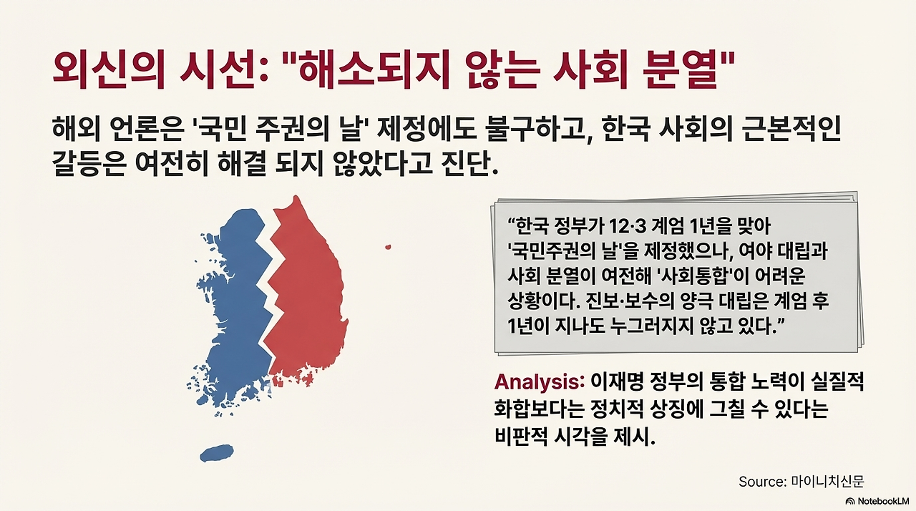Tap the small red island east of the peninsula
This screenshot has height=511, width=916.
tap(388, 248)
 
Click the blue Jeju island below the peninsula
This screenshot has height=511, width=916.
tap(216, 453)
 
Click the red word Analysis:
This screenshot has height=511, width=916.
tap(540, 381)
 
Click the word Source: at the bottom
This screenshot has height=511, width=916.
tap(762, 482)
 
